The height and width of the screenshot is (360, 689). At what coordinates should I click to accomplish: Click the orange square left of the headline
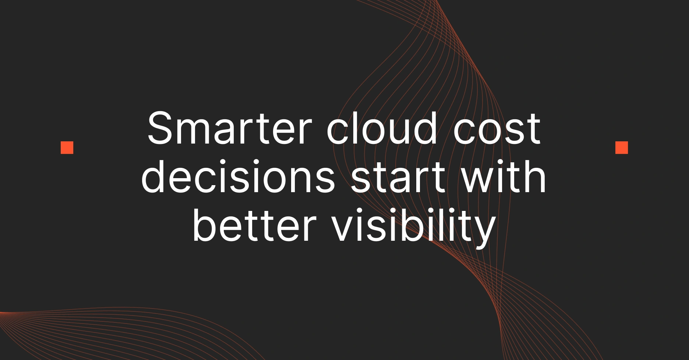(67, 148)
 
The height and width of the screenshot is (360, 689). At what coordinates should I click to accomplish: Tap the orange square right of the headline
(622, 148)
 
